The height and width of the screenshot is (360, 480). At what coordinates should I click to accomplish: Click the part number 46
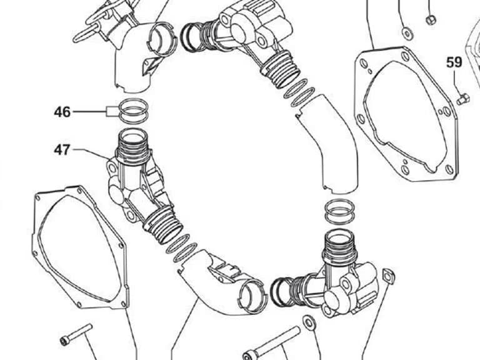(62, 112)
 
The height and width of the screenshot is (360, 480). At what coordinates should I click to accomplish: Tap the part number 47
(62, 150)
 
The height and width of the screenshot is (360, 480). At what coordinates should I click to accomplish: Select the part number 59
(454, 62)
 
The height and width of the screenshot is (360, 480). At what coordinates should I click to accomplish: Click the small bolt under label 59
(464, 99)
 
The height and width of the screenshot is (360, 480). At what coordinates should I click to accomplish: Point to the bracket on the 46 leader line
(112, 111)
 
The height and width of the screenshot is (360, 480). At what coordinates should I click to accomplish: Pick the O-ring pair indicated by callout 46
(134, 111)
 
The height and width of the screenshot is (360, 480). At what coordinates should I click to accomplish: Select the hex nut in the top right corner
(431, 20)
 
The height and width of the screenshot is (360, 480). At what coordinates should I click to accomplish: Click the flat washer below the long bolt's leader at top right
(407, 33)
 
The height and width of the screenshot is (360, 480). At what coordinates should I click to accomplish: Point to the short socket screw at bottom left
(76, 334)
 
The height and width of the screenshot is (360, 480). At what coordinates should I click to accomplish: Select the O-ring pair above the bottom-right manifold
(339, 211)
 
